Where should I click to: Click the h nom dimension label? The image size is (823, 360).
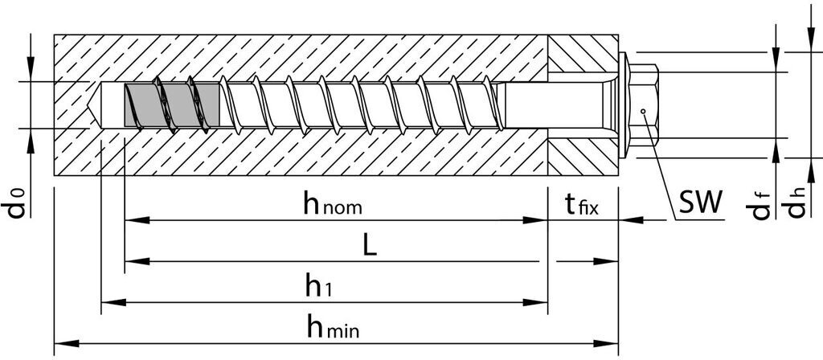click(332, 205)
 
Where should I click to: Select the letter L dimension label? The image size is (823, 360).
click(369, 246)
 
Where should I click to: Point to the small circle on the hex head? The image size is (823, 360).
click(643, 111)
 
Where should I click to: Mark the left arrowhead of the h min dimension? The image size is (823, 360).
click(61, 343)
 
